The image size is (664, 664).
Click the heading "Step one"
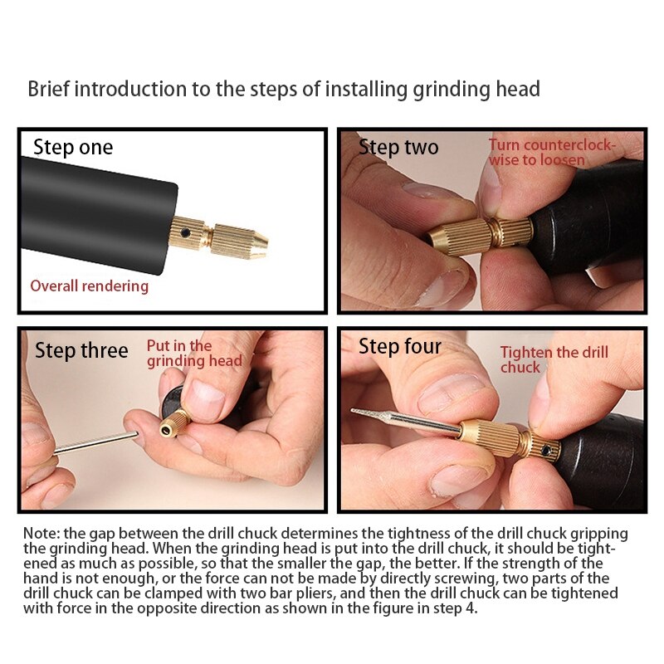(73, 148)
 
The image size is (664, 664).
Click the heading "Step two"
(398, 148)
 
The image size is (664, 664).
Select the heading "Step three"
(81, 350)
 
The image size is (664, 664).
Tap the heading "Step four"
(400, 346)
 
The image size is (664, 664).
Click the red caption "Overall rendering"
(90, 286)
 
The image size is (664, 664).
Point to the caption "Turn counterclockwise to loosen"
(551, 152)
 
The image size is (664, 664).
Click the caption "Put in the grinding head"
(194, 354)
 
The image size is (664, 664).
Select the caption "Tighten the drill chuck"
(554, 359)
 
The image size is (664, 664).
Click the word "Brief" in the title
(48, 89)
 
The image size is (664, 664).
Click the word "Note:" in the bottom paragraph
(41, 534)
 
